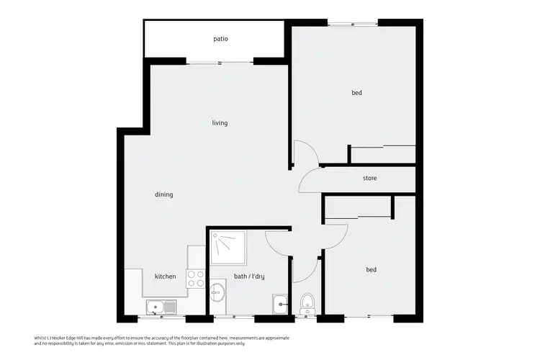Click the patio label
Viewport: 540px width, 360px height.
pyautogui.click(x=221, y=39)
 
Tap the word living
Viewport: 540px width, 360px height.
pyautogui.click(x=220, y=123)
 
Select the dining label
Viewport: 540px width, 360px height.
pyautogui.click(x=164, y=194)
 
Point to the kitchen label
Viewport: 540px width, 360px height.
pyautogui.click(x=165, y=276)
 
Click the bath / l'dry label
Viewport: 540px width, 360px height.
pyautogui.click(x=250, y=276)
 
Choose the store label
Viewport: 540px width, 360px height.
pyautogui.click(x=369, y=178)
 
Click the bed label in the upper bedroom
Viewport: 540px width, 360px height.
pyautogui.click(x=356, y=93)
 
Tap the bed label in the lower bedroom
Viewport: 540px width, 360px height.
pyautogui.click(x=372, y=270)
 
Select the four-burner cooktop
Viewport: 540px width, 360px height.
pyautogui.click(x=196, y=279)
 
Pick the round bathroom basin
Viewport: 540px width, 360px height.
pyautogui.click(x=218, y=294)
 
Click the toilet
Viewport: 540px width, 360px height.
pyautogui.click(x=307, y=303)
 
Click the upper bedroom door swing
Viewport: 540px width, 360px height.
pyautogui.click(x=303, y=153)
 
